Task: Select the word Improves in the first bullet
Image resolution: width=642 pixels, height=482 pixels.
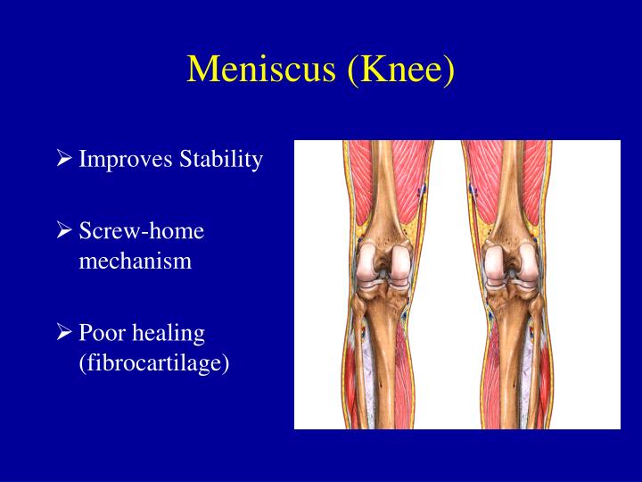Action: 127,160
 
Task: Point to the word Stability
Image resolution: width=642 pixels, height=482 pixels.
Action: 221,160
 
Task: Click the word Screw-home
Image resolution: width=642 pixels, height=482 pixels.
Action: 142,231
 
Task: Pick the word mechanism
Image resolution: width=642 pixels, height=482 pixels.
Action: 136,262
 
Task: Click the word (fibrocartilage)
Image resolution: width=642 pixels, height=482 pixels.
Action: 154,364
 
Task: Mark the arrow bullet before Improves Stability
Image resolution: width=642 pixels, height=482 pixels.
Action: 64,160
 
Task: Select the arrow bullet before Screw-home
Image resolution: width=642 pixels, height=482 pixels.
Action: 64,231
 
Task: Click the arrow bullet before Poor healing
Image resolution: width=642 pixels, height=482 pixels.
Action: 64,333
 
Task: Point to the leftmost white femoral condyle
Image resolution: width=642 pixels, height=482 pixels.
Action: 366,262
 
